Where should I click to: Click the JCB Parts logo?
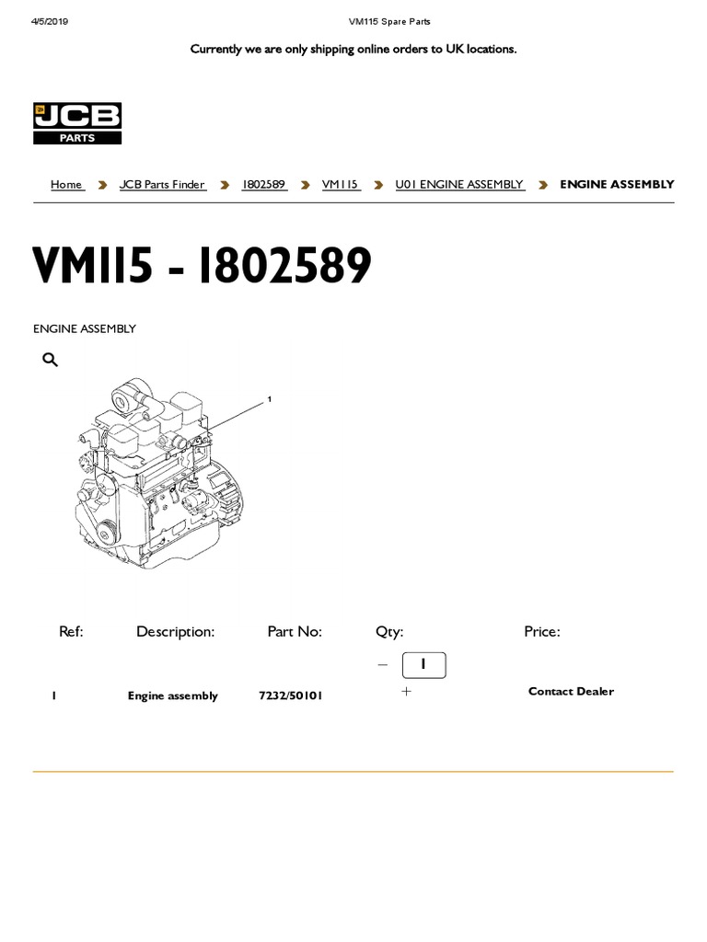click(77, 123)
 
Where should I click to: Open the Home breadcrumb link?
click(66, 185)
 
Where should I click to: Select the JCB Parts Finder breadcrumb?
click(162, 185)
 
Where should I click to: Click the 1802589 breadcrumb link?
click(264, 185)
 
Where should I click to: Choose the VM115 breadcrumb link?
click(341, 185)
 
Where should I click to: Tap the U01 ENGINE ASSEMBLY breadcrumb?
click(459, 185)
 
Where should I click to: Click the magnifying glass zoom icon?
click(51, 360)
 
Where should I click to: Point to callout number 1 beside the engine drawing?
click(269, 399)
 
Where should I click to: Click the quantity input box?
click(423, 664)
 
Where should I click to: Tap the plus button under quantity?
click(406, 691)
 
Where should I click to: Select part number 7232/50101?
click(291, 696)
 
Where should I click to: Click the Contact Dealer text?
click(571, 692)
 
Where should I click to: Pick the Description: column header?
click(175, 631)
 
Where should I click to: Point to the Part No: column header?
click(295, 631)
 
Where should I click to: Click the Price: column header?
click(541, 631)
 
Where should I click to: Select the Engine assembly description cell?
click(173, 696)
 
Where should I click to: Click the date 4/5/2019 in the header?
click(50, 21)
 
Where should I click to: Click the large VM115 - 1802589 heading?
click(203, 267)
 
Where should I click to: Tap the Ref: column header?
click(71, 631)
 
